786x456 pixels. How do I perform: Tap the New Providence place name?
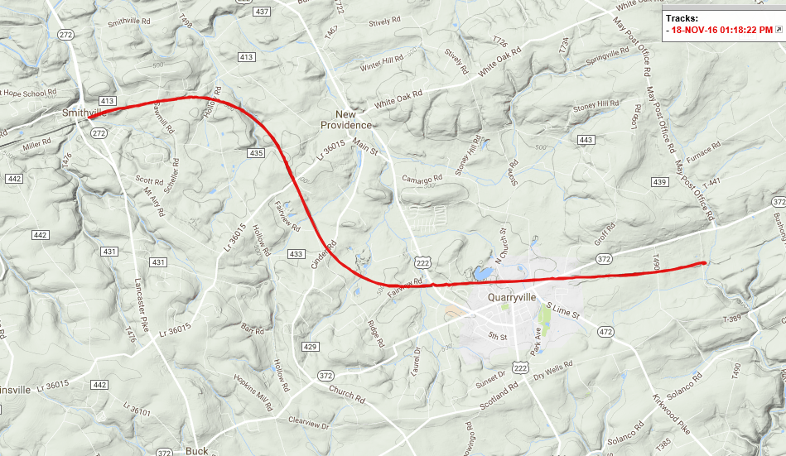(346, 119)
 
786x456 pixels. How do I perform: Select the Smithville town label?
(80, 112)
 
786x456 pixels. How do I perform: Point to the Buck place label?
(196, 451)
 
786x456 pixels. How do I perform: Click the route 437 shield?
(263, 12)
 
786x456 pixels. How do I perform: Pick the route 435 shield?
(255, 153)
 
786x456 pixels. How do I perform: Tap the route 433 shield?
(295, 253)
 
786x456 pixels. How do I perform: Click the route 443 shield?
(586, 141)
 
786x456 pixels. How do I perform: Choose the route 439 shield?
(659, 182)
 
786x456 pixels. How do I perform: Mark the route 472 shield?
(605, 332)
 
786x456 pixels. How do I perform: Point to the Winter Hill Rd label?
(382, 64)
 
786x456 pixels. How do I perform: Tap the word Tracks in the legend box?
(682, 17)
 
